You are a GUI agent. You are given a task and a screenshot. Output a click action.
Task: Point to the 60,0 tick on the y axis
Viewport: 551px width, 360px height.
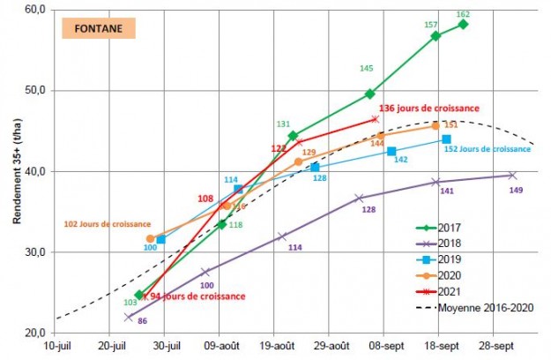click(x=36, y=9)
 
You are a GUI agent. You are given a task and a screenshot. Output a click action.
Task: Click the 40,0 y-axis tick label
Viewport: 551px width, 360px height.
click(x=36, y=171)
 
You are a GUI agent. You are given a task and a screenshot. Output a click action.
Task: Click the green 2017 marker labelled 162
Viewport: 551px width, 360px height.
click(x=464, y=25)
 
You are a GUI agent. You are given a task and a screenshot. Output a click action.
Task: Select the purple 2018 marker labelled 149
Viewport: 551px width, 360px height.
click(x=512, y=175)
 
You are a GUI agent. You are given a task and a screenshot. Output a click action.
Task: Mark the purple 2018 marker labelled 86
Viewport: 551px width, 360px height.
click(x=129, y=317)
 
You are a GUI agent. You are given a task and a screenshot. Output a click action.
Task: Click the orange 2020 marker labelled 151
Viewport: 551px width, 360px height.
click(x=436, y=126)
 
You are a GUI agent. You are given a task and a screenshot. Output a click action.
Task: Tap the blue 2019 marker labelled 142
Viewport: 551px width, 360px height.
click(x=391, y=152)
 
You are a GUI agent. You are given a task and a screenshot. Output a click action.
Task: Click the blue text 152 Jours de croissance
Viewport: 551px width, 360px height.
click(x=494, y=149)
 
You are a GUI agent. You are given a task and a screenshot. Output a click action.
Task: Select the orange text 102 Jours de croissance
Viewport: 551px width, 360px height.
click(x=108, y=224)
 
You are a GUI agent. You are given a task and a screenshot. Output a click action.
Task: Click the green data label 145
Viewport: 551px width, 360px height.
click(x=367, y=68)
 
